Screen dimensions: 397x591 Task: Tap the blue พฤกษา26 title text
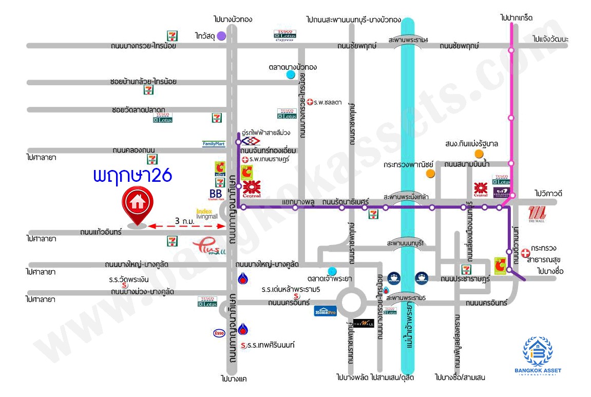(132, 176)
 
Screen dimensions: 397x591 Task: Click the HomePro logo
(325, 311)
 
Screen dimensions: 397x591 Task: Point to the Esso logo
(219, 333)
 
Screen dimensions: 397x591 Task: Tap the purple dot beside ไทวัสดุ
(221, 36)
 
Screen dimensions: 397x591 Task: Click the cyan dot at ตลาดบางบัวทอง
(291, 75)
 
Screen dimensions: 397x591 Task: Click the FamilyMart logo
(214, 144)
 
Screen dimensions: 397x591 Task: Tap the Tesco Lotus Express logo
(284, 35)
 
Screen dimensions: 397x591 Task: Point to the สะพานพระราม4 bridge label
(408, 40)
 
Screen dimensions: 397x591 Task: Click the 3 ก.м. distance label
(184, 221)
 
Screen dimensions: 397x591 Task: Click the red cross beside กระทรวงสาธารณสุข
(525, 253)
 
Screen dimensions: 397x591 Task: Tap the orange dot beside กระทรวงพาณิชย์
(430, 174)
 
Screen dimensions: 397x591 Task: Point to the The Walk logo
(364, 324)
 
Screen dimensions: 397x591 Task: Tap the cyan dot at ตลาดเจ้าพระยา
(332, 271)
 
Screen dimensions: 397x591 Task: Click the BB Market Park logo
(215, 195)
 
